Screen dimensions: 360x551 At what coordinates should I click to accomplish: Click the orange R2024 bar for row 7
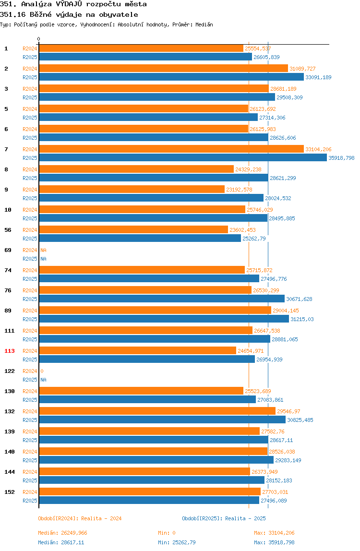pos(171,149)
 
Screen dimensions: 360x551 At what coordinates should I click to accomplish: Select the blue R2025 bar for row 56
pos(140,239)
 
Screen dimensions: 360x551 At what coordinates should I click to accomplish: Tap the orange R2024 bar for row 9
pos(132,190)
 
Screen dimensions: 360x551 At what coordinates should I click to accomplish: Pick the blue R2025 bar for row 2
pos(171,77)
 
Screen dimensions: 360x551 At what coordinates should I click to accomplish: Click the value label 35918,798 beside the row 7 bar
pos(341,158)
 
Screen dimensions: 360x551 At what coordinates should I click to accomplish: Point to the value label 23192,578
pos(239,190)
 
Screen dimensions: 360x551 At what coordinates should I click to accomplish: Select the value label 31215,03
pos(302,320)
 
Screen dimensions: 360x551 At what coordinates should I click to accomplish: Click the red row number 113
pos(10,351)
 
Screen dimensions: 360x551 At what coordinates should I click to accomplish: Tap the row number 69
pos(8,250)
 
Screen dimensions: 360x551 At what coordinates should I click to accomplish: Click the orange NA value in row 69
pos(43,250)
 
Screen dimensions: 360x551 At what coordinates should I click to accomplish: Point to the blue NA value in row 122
pos(43,380)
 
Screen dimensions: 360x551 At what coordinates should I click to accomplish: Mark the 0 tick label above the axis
pos(39,39)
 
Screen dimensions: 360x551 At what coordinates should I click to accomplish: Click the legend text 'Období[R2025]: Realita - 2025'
pos(224,519)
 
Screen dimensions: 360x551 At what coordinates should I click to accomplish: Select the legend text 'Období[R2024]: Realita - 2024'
pos(80,519)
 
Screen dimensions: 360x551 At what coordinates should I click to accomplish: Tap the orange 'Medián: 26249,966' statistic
pos(62,533)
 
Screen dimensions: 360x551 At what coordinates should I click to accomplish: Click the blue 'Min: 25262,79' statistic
pos(177,542)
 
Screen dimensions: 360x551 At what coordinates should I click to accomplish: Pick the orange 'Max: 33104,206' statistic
pos(274,533)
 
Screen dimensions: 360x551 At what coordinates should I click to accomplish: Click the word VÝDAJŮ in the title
pos(69,4)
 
